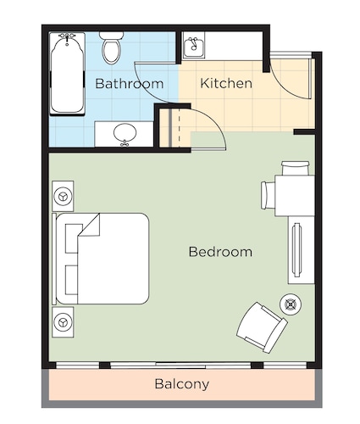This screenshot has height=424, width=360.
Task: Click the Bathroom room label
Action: (130, 84)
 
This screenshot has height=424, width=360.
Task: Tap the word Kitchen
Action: (226, 83)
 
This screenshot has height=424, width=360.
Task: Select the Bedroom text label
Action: (220, 252)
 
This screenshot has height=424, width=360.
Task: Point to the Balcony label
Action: (182, 384)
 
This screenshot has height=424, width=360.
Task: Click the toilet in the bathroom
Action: (112, 47)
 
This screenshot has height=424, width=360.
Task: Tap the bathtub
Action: (67, 74)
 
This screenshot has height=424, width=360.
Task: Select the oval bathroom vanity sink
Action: (125, 133)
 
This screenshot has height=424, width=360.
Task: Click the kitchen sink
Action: (193, 45)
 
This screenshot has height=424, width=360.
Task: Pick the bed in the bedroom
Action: (101, 259)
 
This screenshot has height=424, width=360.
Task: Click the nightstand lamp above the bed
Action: (63, 196)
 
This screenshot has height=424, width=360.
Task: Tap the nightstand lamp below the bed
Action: (63, 322)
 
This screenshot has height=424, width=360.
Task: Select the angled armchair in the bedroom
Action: (262, 327)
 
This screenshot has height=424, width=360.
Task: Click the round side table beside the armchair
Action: (291, 304)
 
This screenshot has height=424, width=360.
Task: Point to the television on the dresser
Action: (296, 250)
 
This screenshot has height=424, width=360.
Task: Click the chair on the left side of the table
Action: (269, 195)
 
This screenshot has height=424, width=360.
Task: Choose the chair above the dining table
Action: (296, 169)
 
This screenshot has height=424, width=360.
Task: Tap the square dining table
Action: (295, 196)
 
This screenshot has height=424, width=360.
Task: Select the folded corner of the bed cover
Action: (91, 226)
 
